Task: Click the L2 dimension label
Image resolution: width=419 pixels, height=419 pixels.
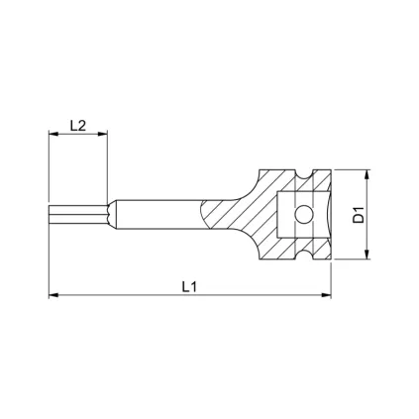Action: coord(78,126)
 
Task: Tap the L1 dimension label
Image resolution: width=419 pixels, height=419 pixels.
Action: coord(192,285)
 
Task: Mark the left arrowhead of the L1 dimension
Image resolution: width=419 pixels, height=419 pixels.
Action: coord(52,295)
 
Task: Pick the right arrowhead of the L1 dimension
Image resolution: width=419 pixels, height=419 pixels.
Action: coord(330,295)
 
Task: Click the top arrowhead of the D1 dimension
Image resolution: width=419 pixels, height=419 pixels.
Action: coord(368,171)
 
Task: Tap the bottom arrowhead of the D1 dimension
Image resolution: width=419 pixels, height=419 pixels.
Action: coord(368,255)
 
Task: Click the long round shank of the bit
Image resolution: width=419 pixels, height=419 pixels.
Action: coord(158,213)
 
